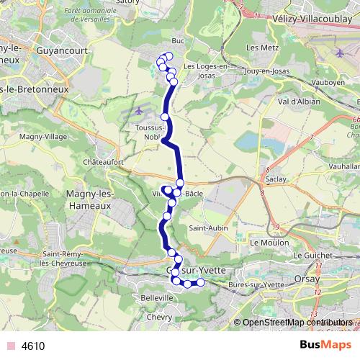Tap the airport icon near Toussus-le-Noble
[139, 112]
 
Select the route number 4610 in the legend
[33, 346]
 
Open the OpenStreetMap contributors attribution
[297, 323]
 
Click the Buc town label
[179, 42]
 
